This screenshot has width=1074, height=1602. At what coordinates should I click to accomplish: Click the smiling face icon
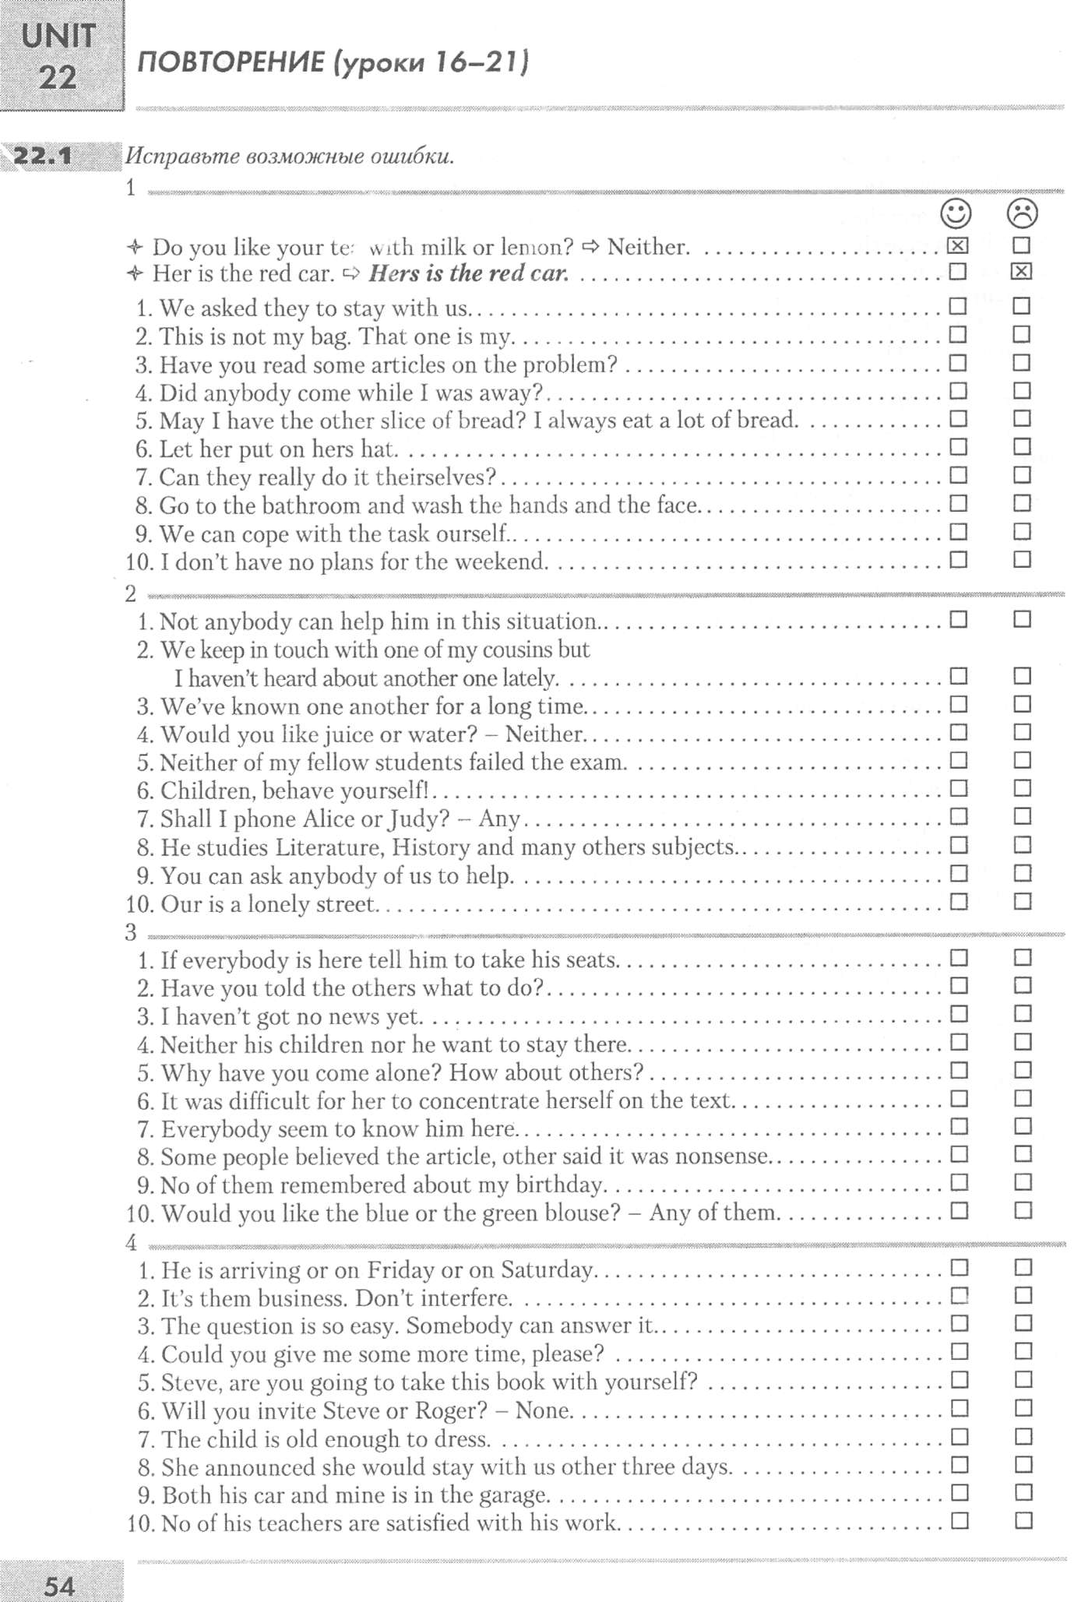click(x=956, y=213)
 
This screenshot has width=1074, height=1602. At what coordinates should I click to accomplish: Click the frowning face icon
click(x=1022, y=213)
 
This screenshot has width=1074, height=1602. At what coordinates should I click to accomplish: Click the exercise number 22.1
click(x=44, y=156)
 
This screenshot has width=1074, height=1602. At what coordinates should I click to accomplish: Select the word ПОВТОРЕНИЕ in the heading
click(x=231, y=62)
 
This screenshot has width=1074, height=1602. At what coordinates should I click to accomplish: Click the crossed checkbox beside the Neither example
click(x=957, y=246)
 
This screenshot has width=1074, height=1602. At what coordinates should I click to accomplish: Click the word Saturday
click(x=547, y=1270)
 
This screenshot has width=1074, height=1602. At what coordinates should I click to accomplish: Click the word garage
click(x=513, y=1495)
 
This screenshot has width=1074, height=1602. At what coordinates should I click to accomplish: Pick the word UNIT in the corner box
click(x=59, y=36)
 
